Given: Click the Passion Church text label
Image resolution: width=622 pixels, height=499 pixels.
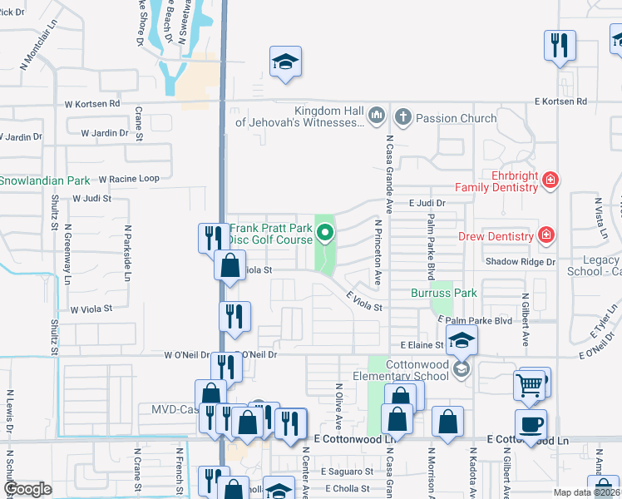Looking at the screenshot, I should click(x=456, y=118).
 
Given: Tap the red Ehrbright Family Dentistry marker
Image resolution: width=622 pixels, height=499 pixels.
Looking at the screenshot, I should click(x=549, y=180).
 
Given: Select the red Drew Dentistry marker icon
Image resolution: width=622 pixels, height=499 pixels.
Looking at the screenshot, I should click(x=545, y=236).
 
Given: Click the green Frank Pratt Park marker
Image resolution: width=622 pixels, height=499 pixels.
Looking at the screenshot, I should click(x=325, y=234).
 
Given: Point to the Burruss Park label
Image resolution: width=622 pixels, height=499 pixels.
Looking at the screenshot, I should click(x=444, y=293).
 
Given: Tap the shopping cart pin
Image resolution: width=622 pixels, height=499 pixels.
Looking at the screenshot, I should click(x=529, y=385).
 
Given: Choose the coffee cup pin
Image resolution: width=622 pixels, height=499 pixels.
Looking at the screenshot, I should click(x=531, y=424).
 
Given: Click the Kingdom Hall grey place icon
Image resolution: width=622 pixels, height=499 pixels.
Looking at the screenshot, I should click(x=376, y=114).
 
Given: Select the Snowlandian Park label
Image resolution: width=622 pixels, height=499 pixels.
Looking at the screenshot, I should click(x=44, y=180).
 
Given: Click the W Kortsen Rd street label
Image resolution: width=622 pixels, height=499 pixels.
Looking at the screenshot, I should click(x=92, y=105).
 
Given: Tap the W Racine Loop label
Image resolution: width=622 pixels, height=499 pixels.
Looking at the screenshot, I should click(x=128, y=179).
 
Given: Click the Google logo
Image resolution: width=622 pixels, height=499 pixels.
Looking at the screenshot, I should click(x=27, y=489).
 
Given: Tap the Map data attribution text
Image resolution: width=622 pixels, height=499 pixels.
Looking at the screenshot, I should click(x=586, y=492).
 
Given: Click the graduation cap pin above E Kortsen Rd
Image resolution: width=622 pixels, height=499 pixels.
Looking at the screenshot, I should click(x=285, y=62).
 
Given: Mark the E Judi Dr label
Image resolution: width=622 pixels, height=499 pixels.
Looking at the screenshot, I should click(x=427, y=202).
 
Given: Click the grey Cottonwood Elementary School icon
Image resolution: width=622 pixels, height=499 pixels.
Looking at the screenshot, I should click(x=462, y=368).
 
